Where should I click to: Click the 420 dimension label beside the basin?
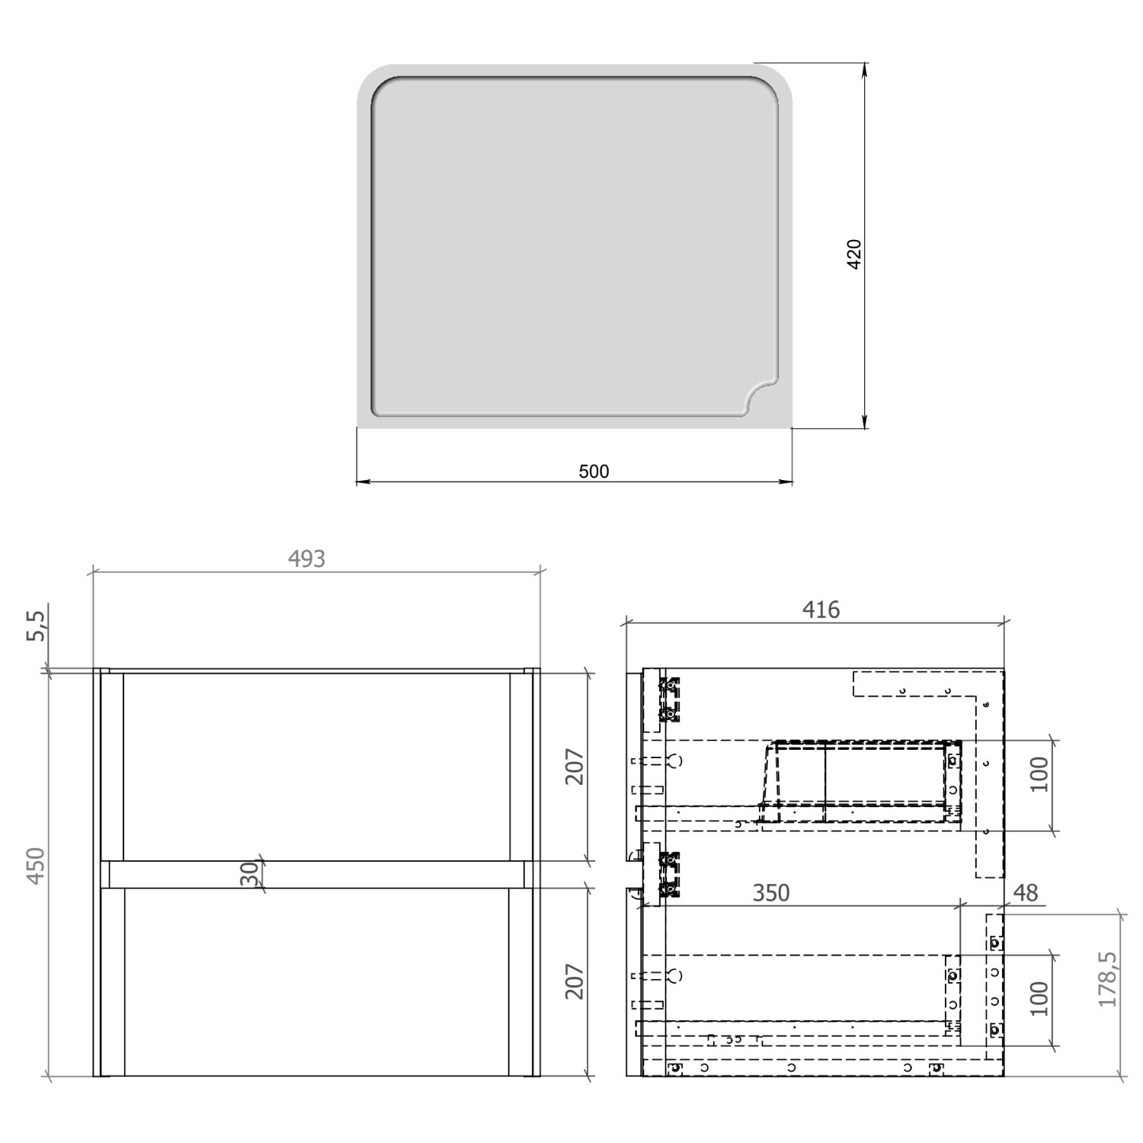[x=854, y=254]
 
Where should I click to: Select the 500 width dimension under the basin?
[x=594, y=472]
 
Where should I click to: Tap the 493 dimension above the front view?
[x=306, y=559]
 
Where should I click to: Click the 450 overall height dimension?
[x=37, y=866]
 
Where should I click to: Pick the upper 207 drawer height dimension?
[x=575, y=767]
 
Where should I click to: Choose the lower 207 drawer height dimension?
[x=575, y=981]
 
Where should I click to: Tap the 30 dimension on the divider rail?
[x=249, y=874]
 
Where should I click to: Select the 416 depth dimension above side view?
[x=821, y=610]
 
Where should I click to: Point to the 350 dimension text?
[x=771, y=893]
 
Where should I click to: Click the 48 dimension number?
[x=1026, y=893]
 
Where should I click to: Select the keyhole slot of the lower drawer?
[x=674, y=975]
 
